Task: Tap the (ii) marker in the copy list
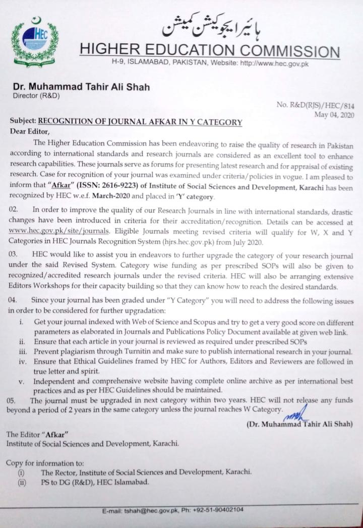(22, 482)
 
